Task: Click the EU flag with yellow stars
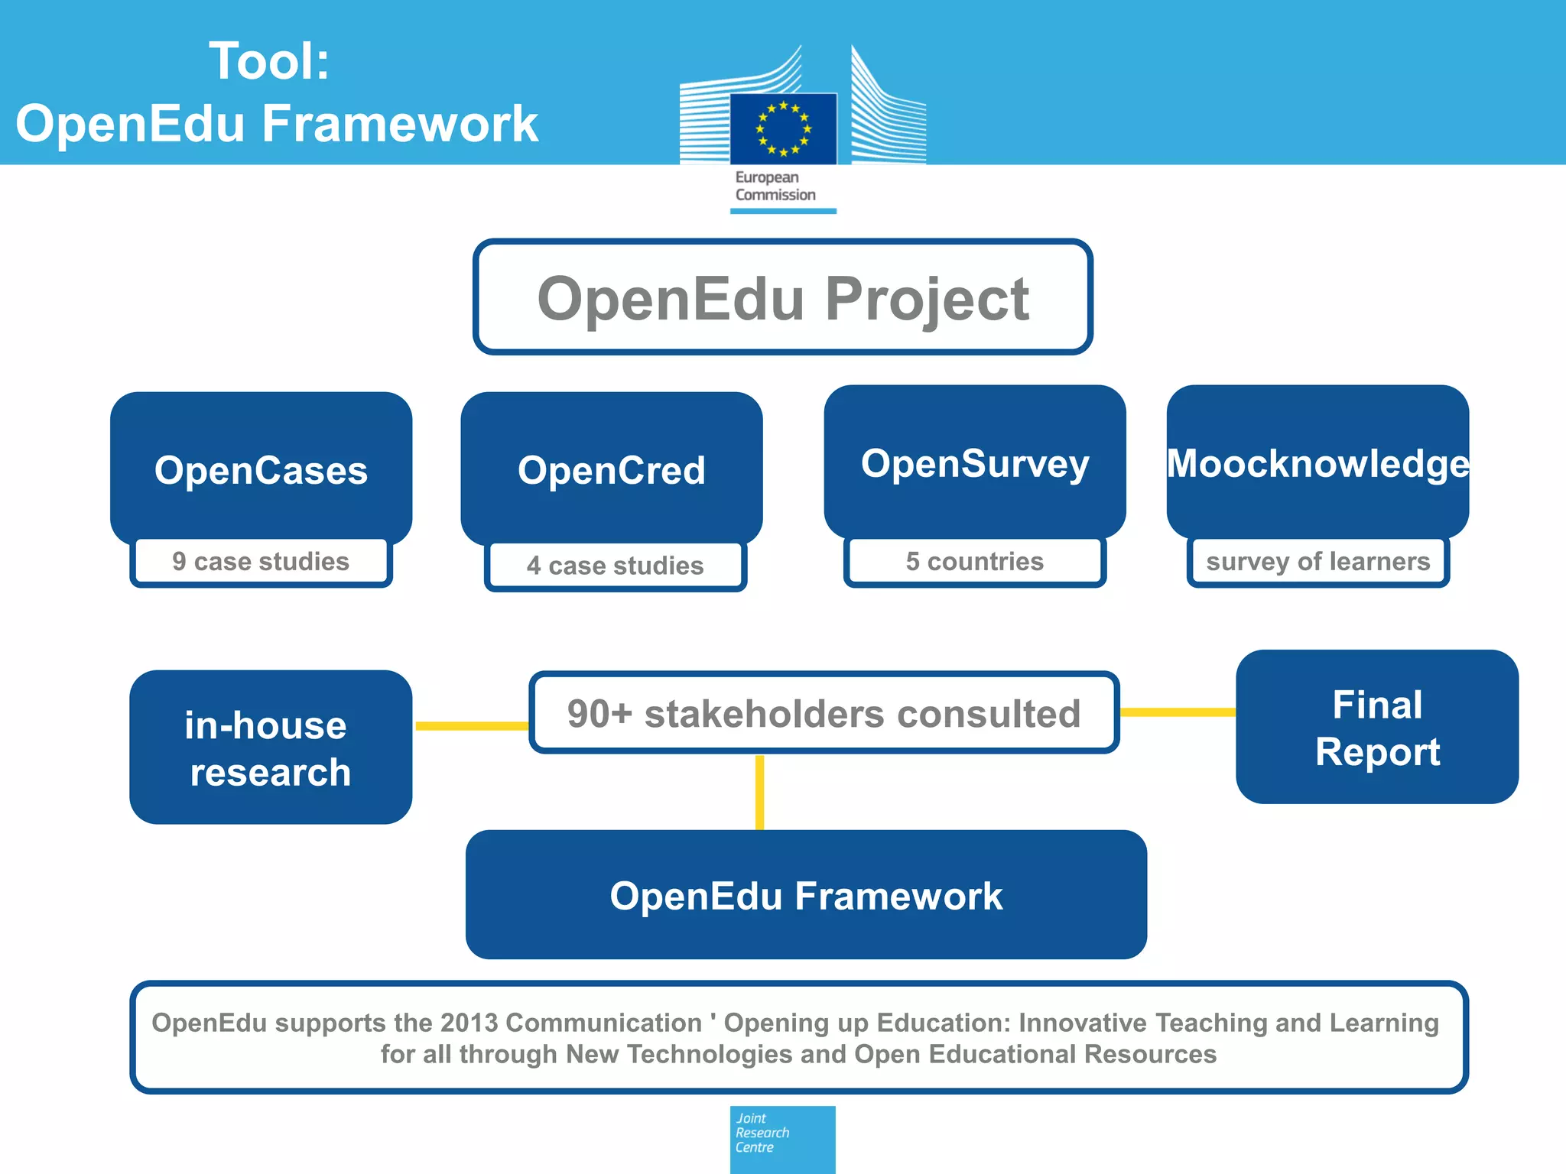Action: point(783,128)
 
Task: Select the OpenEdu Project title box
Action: point(782,297)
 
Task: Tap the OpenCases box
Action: point(261,468)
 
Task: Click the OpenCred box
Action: point(611,468)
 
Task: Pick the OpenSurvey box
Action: point(974,462)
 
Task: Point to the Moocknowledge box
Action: point(1317,462)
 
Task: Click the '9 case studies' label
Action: point(261,562)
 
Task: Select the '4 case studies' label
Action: point(615,566)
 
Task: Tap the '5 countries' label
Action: point(974,562)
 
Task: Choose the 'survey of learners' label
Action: point(1317,562)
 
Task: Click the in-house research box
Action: point(270,748)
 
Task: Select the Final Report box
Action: point(1376,727)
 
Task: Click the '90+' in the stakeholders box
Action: point(599,714)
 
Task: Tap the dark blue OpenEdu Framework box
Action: point(806,895)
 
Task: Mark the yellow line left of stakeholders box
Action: point(471,725)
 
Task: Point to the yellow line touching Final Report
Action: point(1178,712)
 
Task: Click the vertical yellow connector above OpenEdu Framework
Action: point(759,792)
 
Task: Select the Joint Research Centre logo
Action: point(782,1138)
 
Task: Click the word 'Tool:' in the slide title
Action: point(269,61)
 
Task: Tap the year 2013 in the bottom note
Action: point(469,1023)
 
